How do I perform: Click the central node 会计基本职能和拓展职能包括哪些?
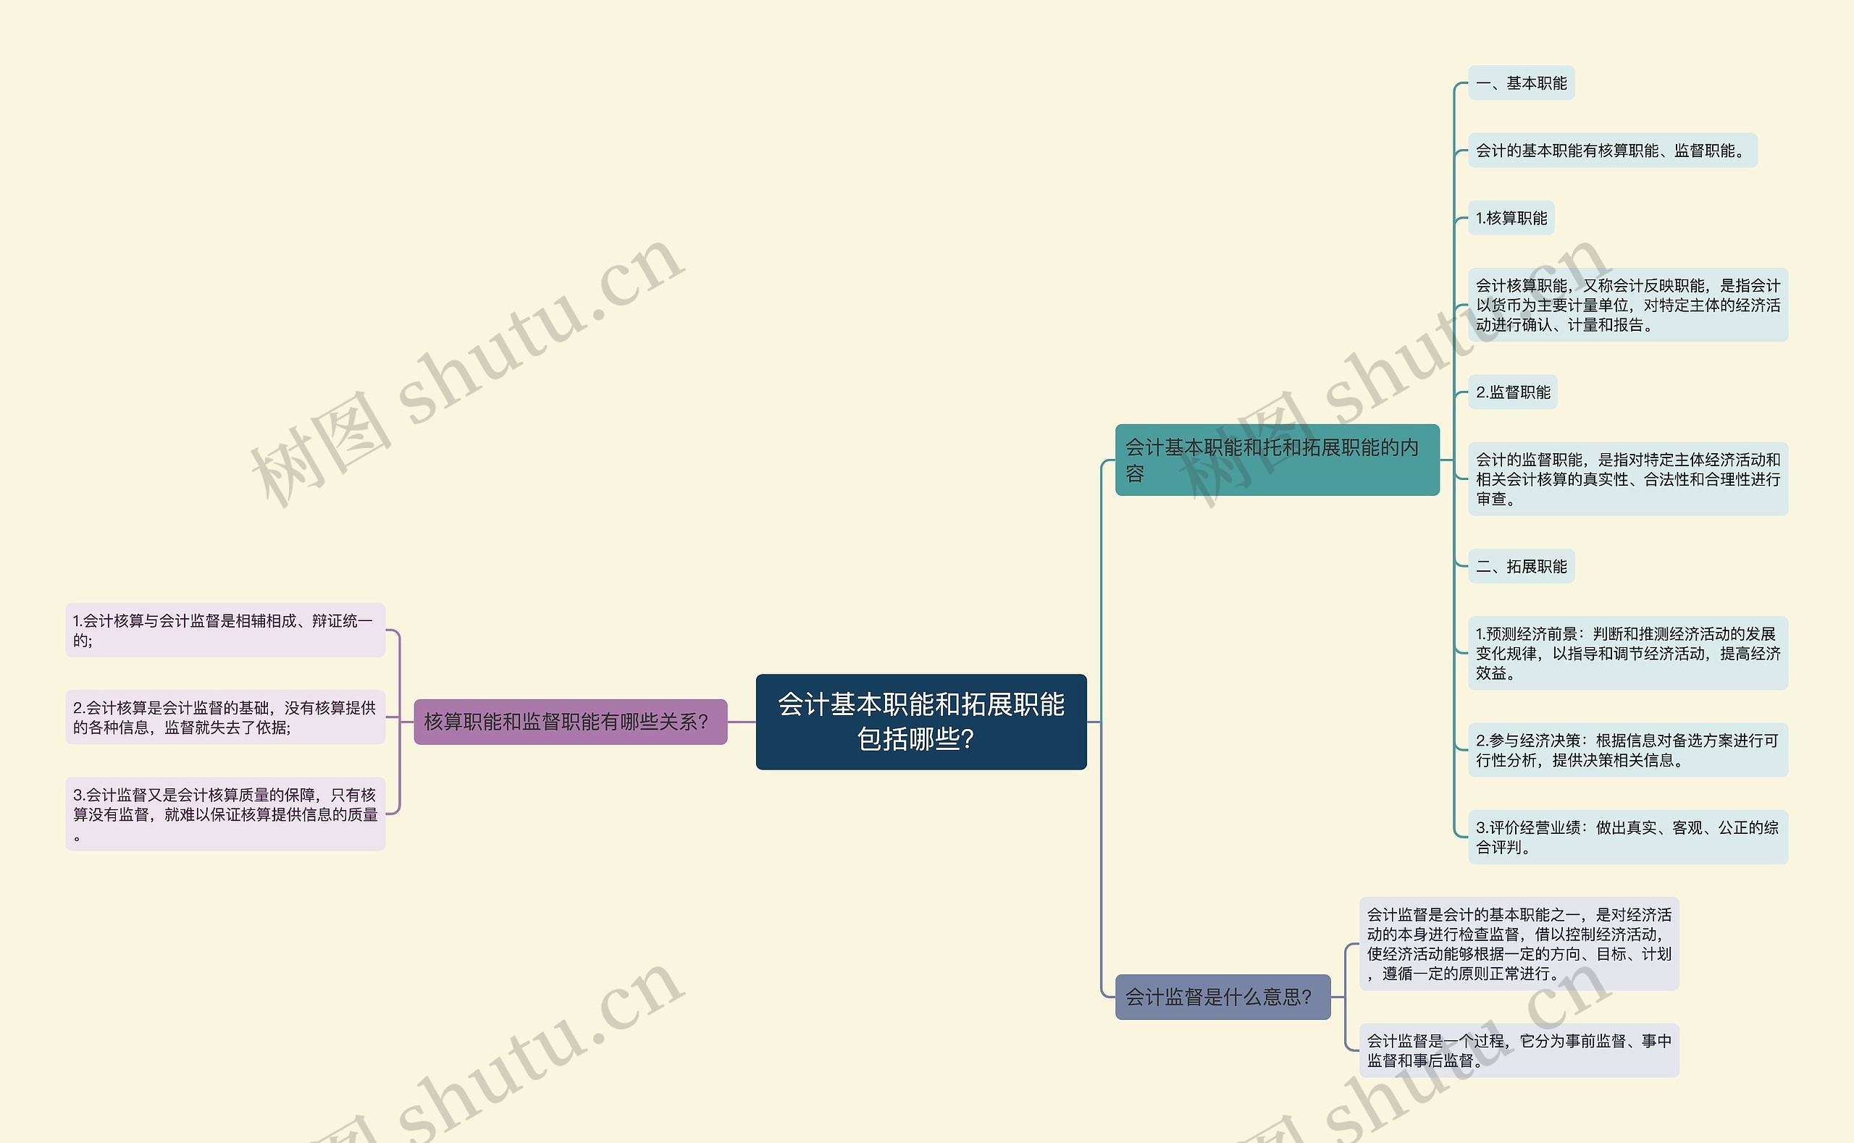pyautogui.click(x=921, y=721)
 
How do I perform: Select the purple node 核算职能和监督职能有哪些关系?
pyautogui.click(x=570, y=722)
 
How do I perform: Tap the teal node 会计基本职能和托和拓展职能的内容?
pyautogui.click(x=1276, y=460)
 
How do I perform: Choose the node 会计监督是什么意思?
pyautogui.click(x=1222, y=996)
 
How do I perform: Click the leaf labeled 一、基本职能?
pyautogui.click(x=1521, y=83)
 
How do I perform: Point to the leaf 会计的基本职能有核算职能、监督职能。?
pyautogui.click(x=1612, y=151)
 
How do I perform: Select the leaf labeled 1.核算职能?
pyautogui.click(x=1511, y=218)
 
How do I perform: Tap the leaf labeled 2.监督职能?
pyautogui.click(x=1512, y=392)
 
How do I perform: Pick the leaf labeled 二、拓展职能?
pyautogui.click(x=1521, y=565)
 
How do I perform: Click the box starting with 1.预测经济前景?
pyautogui.click(x=1627, y=652)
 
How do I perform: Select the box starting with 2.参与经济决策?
pyautogui.click(x=1627, y=750)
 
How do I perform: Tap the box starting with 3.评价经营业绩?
pyautogui.click(x=1627, y=837)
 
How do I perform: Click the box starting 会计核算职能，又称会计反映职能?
pyautogui.click(x=1627, y=305)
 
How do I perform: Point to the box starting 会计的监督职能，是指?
pyautogui.click(x=1627, y=478)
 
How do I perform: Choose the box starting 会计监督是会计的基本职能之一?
pyautogui.click(x=1518, y=943)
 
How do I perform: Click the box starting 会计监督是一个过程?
pyautogui.click(x=1518, y=1050)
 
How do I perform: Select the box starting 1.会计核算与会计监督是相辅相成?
pyautogui.click(x=225, y=630)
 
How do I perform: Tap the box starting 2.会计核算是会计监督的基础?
pyautogui.click(x=225, y=717)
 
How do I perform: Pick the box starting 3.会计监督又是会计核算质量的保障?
pyautogui.click(x=225, y=814)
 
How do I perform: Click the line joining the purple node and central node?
pyautogui.click(x=742, y=722)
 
